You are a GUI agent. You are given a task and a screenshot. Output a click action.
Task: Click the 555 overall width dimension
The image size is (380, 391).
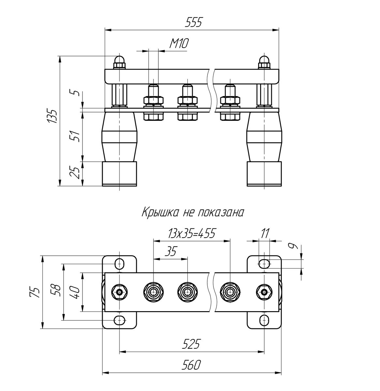click(193, 22)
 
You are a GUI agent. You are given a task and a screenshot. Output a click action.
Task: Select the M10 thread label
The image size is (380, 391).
click(179, 44)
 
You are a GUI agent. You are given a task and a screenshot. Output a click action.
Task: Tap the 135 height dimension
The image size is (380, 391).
click(52, 116)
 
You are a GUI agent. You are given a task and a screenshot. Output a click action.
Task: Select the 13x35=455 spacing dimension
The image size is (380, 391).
click(192, 234)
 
